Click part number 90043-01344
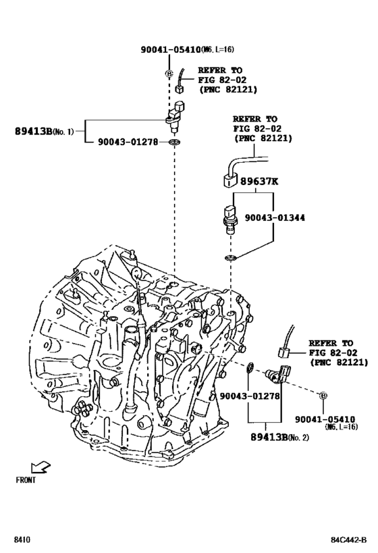coord(273,217)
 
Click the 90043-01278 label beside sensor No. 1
coord(129,142)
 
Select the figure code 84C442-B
coord(348,540)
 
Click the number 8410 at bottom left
coord(22,540)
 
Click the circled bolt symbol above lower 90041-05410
coord(323,395)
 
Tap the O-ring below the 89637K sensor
coord(230,257)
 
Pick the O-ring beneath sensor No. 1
coord(175,142)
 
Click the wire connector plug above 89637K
coord(227,180)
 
